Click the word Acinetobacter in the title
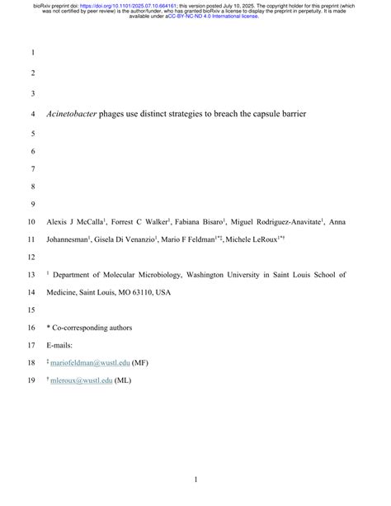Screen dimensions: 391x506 coord(71,114)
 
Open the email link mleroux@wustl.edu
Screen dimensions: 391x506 coord(82,381)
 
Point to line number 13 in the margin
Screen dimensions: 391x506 coord(32,274)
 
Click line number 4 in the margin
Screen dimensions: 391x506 coord(32,114)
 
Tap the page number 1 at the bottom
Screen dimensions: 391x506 coord(195,480)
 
